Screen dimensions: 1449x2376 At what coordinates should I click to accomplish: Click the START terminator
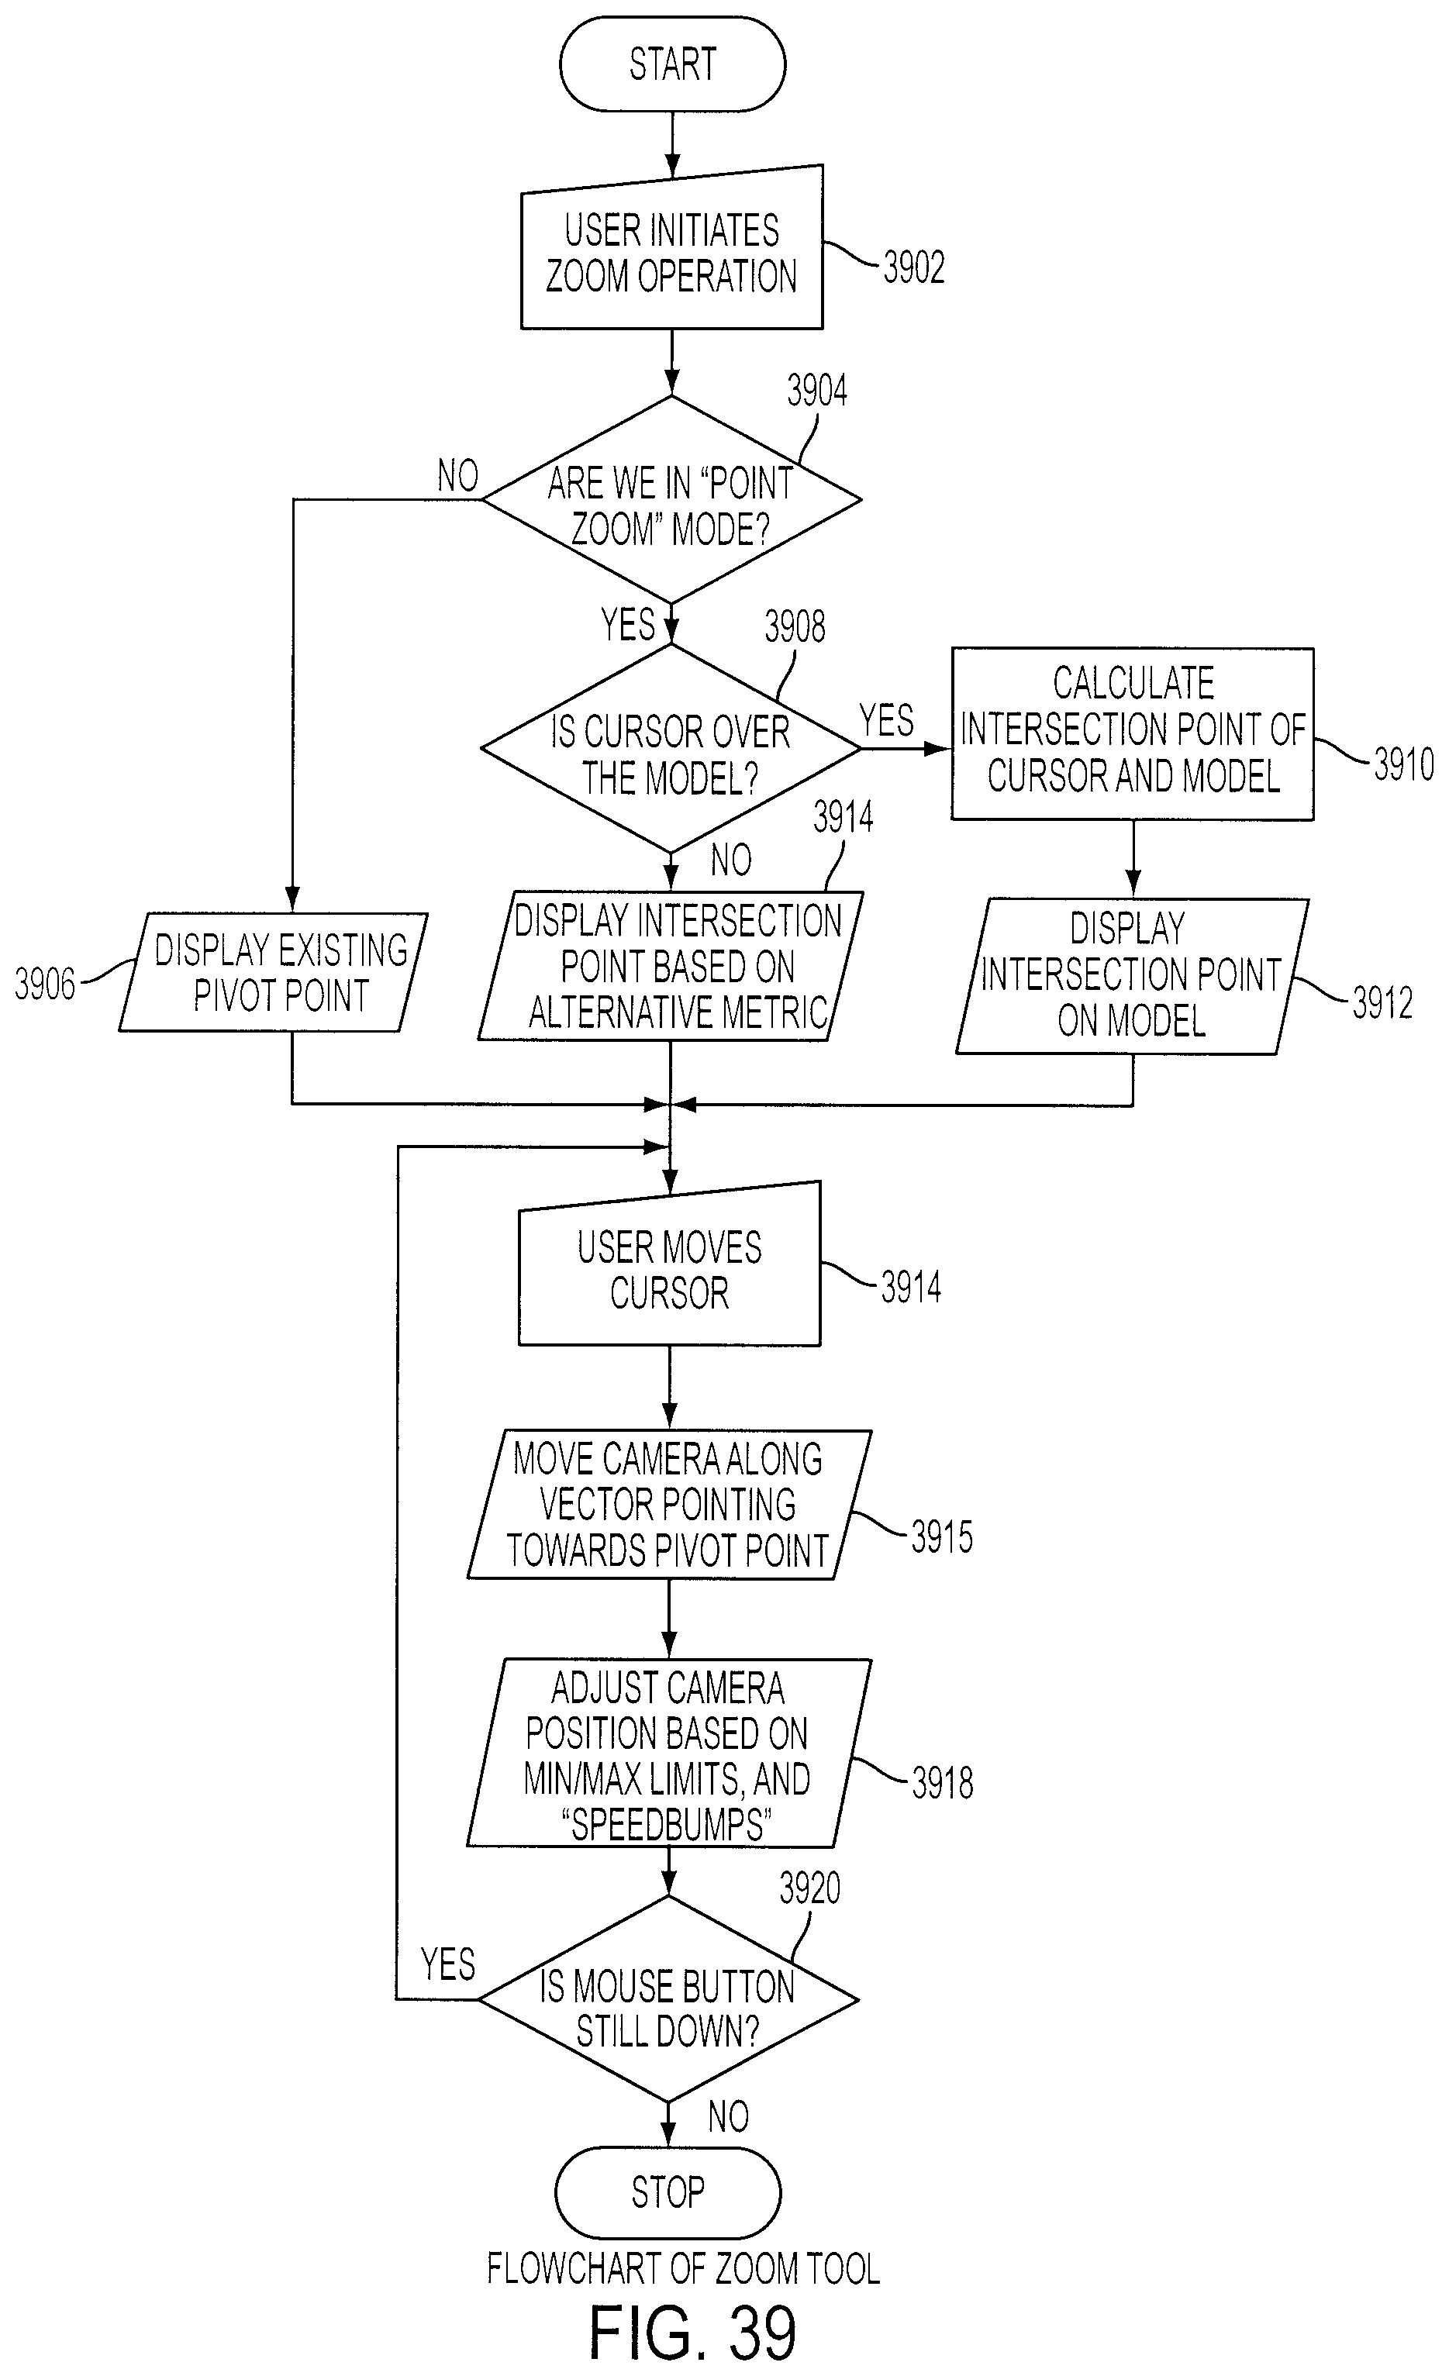pos(672,64)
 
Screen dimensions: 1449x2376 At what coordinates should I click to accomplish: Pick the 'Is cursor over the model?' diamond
pos(670,748)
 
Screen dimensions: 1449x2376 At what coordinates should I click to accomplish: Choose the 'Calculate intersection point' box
pos(1133,734)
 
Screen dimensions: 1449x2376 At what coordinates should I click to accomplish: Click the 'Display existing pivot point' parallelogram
pos(273,972)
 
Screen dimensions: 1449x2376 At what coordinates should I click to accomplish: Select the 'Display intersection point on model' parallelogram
pos(1133,976)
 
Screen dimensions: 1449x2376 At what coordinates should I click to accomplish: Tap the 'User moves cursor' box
pos(670,1264)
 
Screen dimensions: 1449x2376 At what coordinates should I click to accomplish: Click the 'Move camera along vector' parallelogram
pos(669,1505)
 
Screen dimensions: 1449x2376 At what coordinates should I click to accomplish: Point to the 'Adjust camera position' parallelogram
pos(669,1752)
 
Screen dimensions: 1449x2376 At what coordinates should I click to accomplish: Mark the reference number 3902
pos(914,267)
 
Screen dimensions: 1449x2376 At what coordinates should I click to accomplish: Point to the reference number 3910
pos(1404,764)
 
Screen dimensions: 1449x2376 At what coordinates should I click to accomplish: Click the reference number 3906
pos(44,985)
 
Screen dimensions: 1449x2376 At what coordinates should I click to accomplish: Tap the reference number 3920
pos(810,1887)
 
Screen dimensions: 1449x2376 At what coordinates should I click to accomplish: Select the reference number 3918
pos(943,1782)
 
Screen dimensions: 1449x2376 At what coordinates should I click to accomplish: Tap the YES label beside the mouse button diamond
pos(448,1964)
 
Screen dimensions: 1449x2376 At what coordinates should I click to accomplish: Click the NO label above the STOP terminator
pos(728,2116)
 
